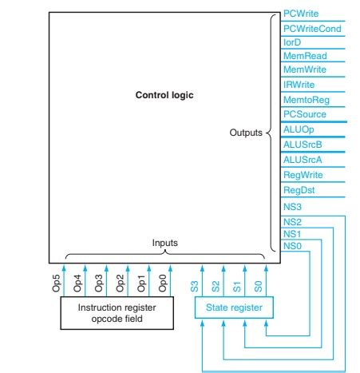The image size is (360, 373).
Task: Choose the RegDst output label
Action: pyautogui.click(x=296, y=190)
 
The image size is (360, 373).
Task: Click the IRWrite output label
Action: pyautogui.click(x=297, y=85)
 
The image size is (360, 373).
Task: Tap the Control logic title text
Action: pyautogui.click(x=165, y=95)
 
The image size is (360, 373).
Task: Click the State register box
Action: pyautogui.click(x=229, y=305)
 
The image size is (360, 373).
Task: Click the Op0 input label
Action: pyautogui.click(x=163, y=282)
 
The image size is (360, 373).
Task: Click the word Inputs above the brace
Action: pyautogui.click(x=165, y=241)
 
